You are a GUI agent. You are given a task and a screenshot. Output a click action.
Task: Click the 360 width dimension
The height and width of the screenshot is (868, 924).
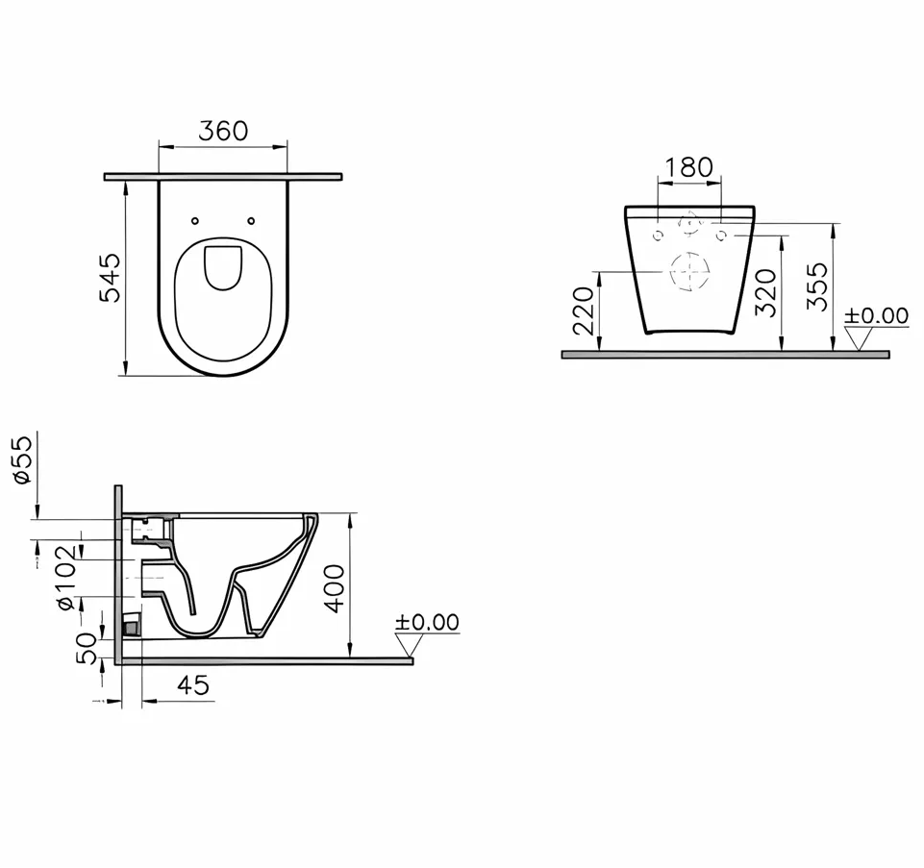coord(223,131)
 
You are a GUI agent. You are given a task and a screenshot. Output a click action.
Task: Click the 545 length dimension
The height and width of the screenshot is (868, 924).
coord(112,278)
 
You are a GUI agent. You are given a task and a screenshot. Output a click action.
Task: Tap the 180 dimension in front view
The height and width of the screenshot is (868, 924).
coord(688,167)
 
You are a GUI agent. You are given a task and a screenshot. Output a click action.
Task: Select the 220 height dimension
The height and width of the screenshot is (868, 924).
coord(584,310)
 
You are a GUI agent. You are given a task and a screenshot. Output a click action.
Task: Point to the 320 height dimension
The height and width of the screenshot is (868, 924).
coord(765,293)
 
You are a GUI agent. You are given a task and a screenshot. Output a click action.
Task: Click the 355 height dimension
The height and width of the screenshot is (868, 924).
coord(816,286)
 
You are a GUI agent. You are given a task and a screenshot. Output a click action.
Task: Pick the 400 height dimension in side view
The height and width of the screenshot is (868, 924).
coord(333,588)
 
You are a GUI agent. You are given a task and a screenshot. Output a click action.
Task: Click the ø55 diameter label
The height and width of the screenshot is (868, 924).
coord(22,459)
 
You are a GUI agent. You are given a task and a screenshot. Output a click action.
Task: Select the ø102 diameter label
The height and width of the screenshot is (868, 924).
coord(65,577)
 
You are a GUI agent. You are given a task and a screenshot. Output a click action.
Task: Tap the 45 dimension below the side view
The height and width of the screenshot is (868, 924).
coord(192,684)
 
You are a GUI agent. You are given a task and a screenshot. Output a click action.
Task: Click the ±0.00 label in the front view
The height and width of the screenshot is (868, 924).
coord(876,315)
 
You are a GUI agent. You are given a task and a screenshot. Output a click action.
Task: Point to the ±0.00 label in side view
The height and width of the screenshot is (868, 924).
coord(427,623)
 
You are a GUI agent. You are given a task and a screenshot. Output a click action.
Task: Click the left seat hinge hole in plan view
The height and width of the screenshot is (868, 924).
coord(195,221)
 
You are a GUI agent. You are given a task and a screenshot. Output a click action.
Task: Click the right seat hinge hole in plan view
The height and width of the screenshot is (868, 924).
coord(251,221)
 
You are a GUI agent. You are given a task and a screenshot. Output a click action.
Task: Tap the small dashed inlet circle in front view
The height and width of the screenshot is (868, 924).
coord(688,224)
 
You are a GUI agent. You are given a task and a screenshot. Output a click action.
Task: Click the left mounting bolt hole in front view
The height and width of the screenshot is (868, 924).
coord(658,236)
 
